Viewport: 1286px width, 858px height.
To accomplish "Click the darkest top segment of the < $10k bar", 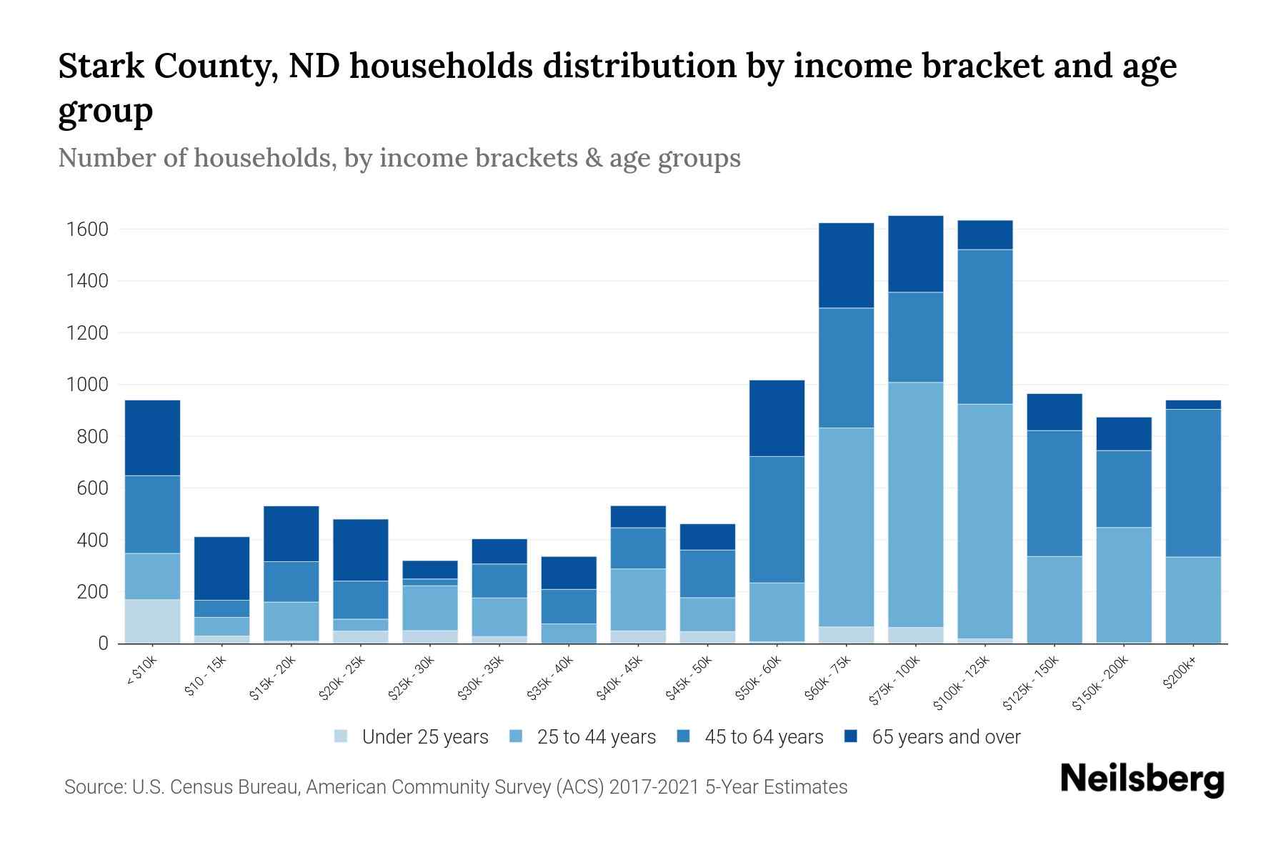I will (x=152, y=438).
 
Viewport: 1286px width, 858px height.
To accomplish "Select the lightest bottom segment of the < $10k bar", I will (x=152, y=621).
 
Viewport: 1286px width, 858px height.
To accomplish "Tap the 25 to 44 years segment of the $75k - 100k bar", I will (x=916, y=504).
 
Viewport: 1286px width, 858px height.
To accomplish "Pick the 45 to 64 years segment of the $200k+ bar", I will (x=1193, y=483).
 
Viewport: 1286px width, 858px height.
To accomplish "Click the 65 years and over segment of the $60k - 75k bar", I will (x=846, y=265).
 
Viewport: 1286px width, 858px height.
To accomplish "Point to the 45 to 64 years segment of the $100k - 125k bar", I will (x=985, y=327).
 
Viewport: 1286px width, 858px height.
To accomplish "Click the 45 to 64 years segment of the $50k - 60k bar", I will (x=777, y=519).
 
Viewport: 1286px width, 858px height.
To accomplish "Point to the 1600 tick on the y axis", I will (x=87, y=230).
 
